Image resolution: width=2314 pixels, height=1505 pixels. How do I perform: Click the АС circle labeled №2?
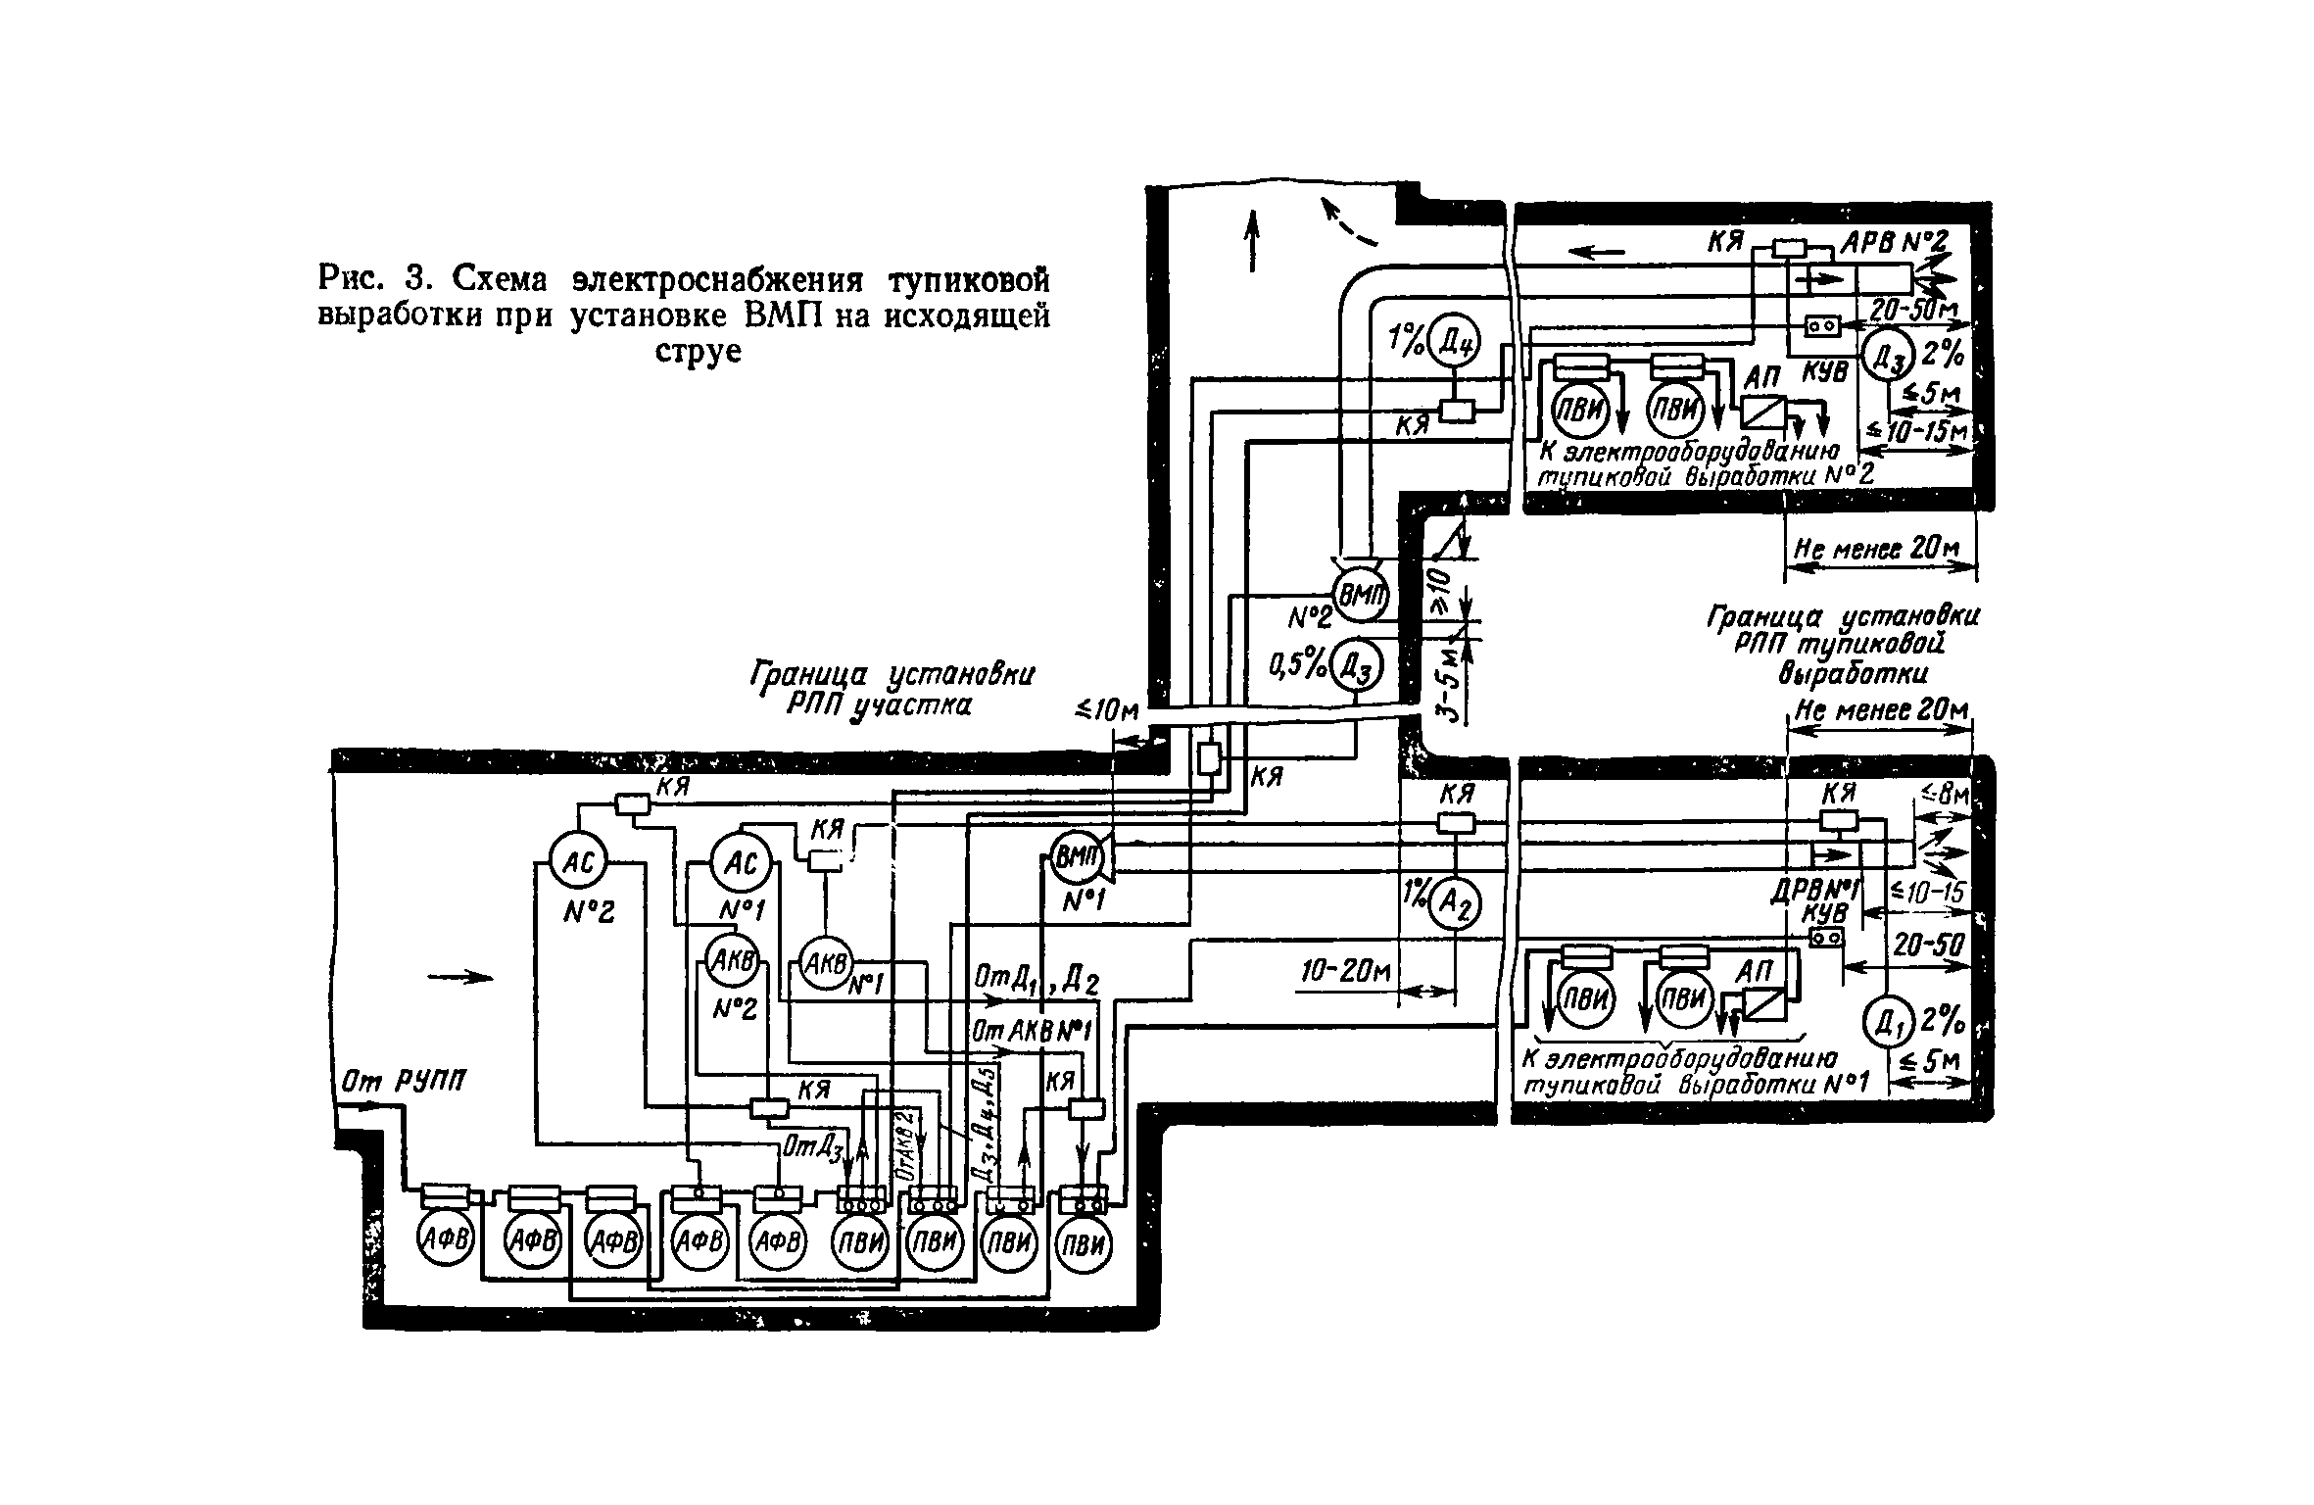click(x=576, y=862)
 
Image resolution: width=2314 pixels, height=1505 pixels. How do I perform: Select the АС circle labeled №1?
click(x=741, y=862)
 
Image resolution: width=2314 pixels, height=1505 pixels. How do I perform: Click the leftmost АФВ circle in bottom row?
click(x=447, y=1242)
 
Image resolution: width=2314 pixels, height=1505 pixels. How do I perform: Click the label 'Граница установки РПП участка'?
click(x=890, y=690)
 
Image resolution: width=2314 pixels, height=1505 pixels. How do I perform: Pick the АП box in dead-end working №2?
click(x=1763, y=410)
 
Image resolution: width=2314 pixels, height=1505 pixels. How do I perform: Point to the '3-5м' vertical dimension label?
click(x=1452, y=678)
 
